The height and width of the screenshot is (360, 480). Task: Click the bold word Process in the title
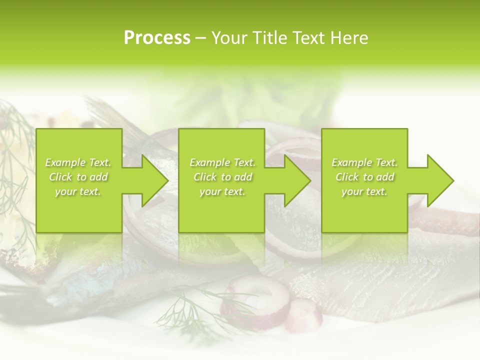click(x=157, y=38)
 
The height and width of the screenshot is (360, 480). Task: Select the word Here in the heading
click(x=349, y=38)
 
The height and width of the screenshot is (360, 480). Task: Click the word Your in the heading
click(x=229, y=38)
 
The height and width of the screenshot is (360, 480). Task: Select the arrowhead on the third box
click(x=439, y=180)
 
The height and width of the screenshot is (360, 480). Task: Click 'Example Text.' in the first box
click(x=78, y=162)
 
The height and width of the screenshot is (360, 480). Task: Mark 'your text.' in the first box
click(x=78, y=191)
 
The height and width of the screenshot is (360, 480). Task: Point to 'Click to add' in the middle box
click(x=222, y=177)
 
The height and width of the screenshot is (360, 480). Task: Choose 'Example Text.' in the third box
click(x=364, y=162)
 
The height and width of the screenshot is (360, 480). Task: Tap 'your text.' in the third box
click(x=364, y=191)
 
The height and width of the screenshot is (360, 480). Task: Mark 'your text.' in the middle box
click(x=222, y=191)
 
